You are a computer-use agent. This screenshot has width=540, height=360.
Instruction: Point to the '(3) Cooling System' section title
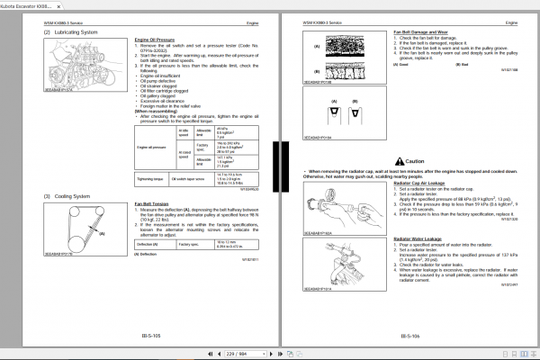(x=69, y=196)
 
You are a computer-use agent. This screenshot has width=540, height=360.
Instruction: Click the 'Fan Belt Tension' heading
(x=154, y=203)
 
